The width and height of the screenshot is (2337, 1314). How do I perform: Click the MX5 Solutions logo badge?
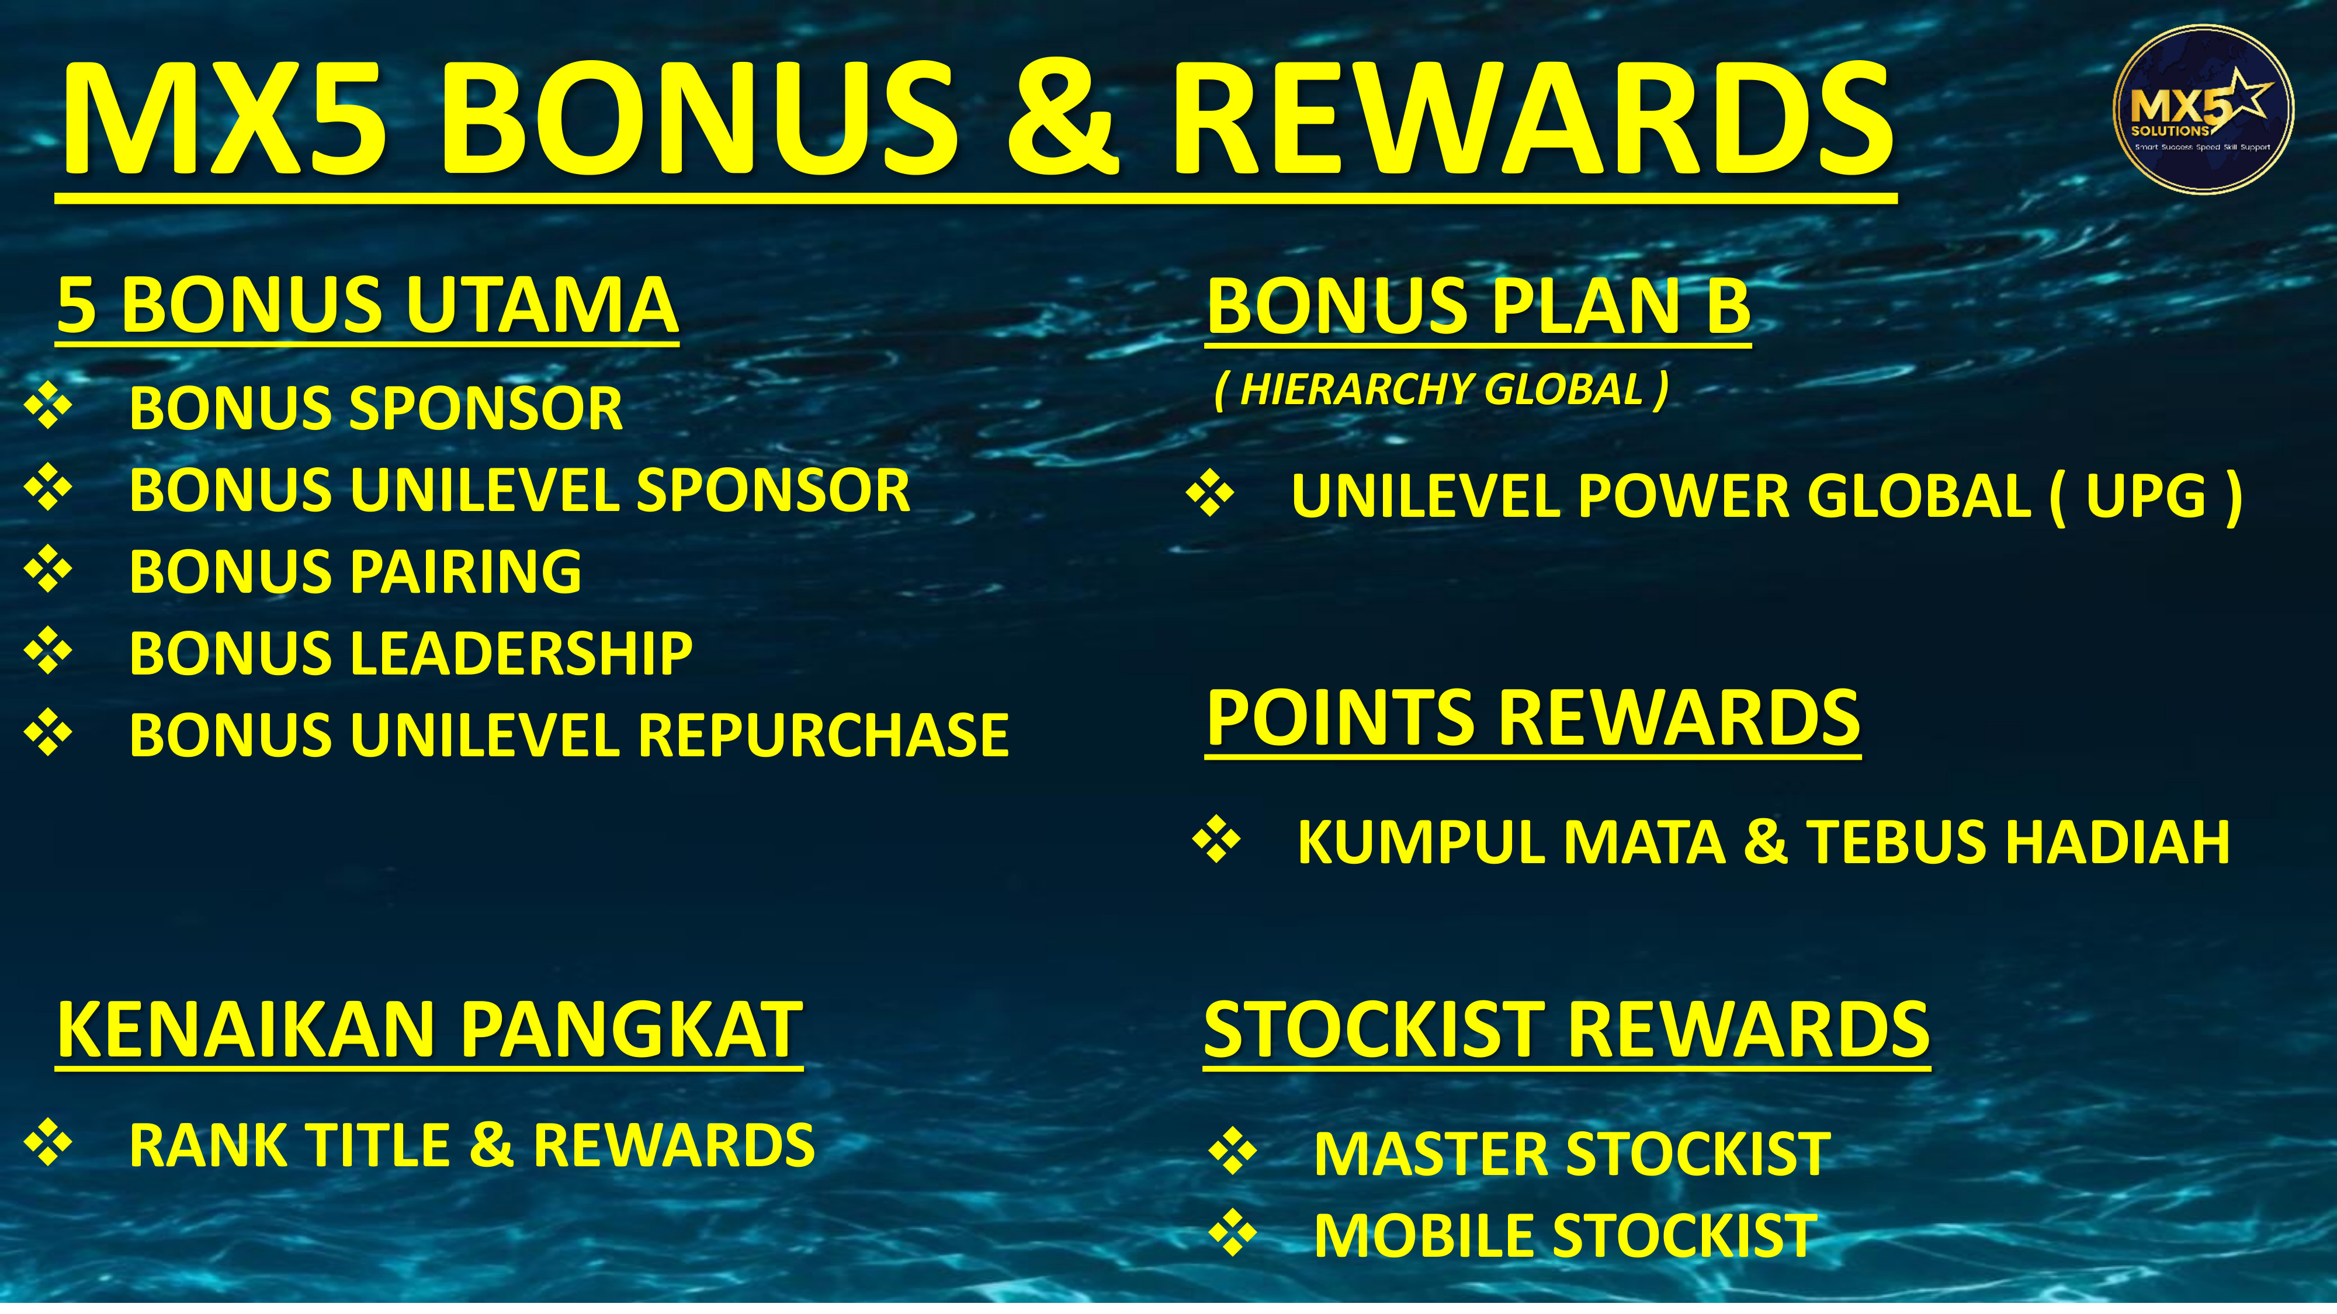[x=2203, y=109]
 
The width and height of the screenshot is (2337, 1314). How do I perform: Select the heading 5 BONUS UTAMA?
[x=367, y=305]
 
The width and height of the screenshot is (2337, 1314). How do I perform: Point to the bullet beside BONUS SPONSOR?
[x=48, y=407]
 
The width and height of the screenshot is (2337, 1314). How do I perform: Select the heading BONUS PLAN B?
[x=1478, y=305]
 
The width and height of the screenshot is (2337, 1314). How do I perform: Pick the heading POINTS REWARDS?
[x=1533, y=717]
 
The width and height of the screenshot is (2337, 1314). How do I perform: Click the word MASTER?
[x=1433, y=1155]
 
